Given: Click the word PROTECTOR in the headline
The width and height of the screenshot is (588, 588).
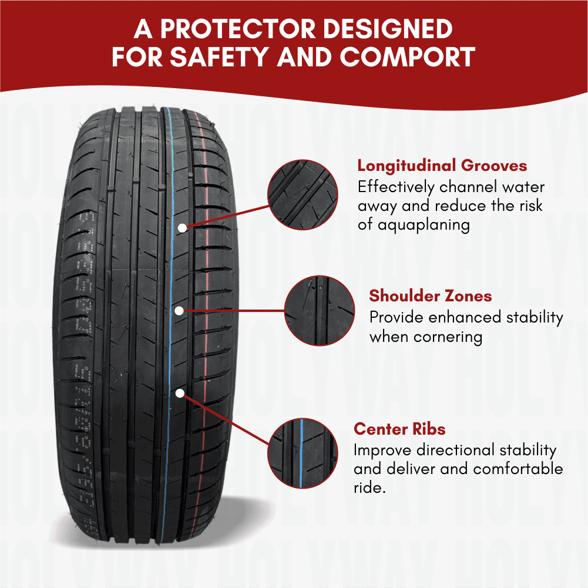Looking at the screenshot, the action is point(238,29).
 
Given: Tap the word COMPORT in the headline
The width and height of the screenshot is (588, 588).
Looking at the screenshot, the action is point(407,57).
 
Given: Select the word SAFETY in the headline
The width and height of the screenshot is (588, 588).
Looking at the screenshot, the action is point(219,57).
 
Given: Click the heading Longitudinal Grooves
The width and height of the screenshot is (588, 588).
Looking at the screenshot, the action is point(442,166).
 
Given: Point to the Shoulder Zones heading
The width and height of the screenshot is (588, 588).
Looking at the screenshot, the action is point(431,296).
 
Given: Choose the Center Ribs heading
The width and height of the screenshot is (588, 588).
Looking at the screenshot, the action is point(399,429).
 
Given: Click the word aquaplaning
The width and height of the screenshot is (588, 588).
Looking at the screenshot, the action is point(424,226).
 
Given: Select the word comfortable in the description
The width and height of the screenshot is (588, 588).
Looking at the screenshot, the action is point(518,469).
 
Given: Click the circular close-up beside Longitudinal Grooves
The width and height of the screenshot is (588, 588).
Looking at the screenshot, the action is point(303,194).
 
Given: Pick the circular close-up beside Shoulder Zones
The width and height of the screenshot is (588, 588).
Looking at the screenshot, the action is point(320,311).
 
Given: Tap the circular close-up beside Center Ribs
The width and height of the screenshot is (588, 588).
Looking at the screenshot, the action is point(303,453).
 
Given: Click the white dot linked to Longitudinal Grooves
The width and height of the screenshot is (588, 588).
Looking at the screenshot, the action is point(182,228).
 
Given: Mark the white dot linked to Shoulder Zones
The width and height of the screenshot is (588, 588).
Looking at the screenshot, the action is point(179,311).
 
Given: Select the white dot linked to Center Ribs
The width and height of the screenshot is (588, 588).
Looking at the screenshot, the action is point(180,393).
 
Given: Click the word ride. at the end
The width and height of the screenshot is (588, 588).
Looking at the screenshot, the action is point(369,488).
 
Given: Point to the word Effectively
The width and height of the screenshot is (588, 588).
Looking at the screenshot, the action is point(396,187).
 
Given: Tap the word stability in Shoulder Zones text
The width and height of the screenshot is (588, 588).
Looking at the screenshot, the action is point(535,318).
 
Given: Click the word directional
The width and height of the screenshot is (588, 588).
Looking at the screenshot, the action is point(455,450).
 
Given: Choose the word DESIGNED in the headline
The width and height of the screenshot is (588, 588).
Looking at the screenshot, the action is point(388,29).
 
